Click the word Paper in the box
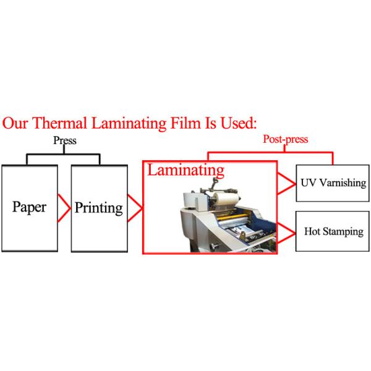point(30,207)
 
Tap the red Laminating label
point(185,169)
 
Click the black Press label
point(65,140)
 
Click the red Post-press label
point(285,140)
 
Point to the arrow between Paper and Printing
point(64,207)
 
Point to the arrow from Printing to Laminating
point(137,208)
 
